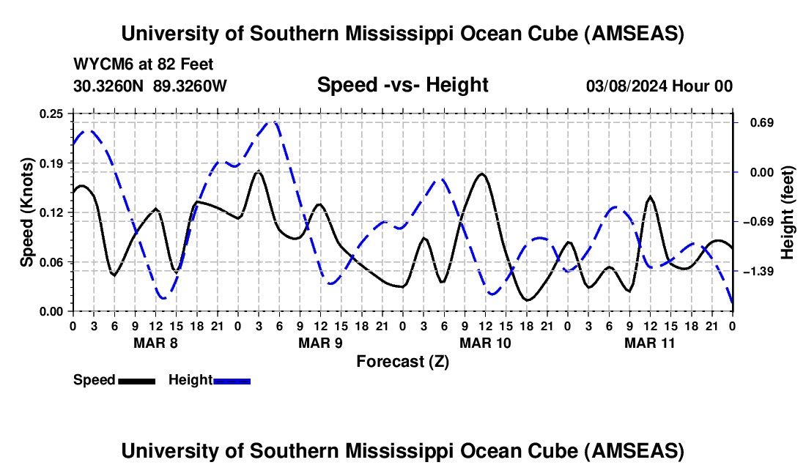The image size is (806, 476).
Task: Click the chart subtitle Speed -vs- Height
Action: coord(402,86)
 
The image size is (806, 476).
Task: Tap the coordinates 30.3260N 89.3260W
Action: coord(150,86)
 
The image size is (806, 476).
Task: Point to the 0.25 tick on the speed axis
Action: coord(53,114)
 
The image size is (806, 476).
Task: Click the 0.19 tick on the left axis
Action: coord(53,163)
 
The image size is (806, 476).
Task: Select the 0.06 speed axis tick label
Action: coord(53,262)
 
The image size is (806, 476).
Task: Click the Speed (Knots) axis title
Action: coord(27,212)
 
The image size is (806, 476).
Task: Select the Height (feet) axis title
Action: coord(788,212)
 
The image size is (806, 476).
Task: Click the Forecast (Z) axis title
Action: coord(402,361)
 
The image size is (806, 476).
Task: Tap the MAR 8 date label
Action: coord(155,342)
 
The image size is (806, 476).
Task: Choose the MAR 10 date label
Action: coord(484,342)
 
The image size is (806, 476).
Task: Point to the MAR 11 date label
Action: coord(649,342)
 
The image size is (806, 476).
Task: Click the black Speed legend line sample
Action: coord(136,381)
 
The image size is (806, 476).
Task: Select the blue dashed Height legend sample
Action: coord(232,381)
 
